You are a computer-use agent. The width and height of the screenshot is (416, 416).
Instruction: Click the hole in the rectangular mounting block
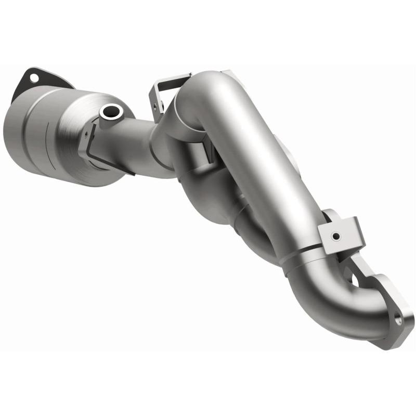(x=336, y=237)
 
